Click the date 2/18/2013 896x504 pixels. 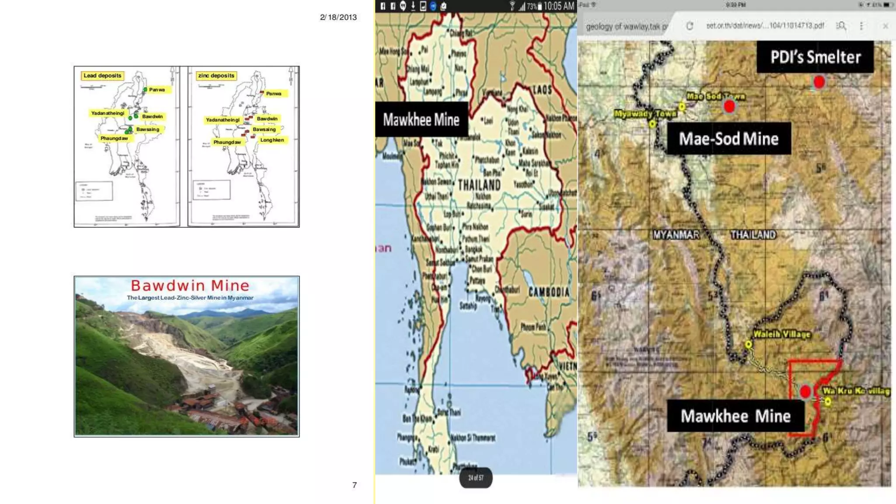pos(338,17)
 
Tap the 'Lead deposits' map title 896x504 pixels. pos(102,76)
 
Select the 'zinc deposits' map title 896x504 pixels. pos(216,76)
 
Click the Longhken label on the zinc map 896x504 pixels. pos(272,140)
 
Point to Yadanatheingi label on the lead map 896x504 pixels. pos(108,113)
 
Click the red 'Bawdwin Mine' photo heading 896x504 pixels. pos(190,286)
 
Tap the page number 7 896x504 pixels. pos(354,485)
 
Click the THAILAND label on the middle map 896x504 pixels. pos(479,185)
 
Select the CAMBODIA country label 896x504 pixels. pos(549,292)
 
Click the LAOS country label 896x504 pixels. pos(542,90)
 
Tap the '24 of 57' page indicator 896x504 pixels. pos(476,478)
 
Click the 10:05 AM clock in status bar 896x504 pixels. pos(559,6)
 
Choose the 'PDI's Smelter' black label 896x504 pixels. pos(815,57)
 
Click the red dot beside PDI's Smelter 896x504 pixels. pos(819,82)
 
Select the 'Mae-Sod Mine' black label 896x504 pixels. pos(728,139)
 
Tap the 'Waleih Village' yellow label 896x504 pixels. pos(782,334)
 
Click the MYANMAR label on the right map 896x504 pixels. pos(676,235)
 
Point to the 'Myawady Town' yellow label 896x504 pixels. pos(645,114)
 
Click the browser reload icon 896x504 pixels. pos(689,26)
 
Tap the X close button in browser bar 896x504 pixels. pos(885,26)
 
